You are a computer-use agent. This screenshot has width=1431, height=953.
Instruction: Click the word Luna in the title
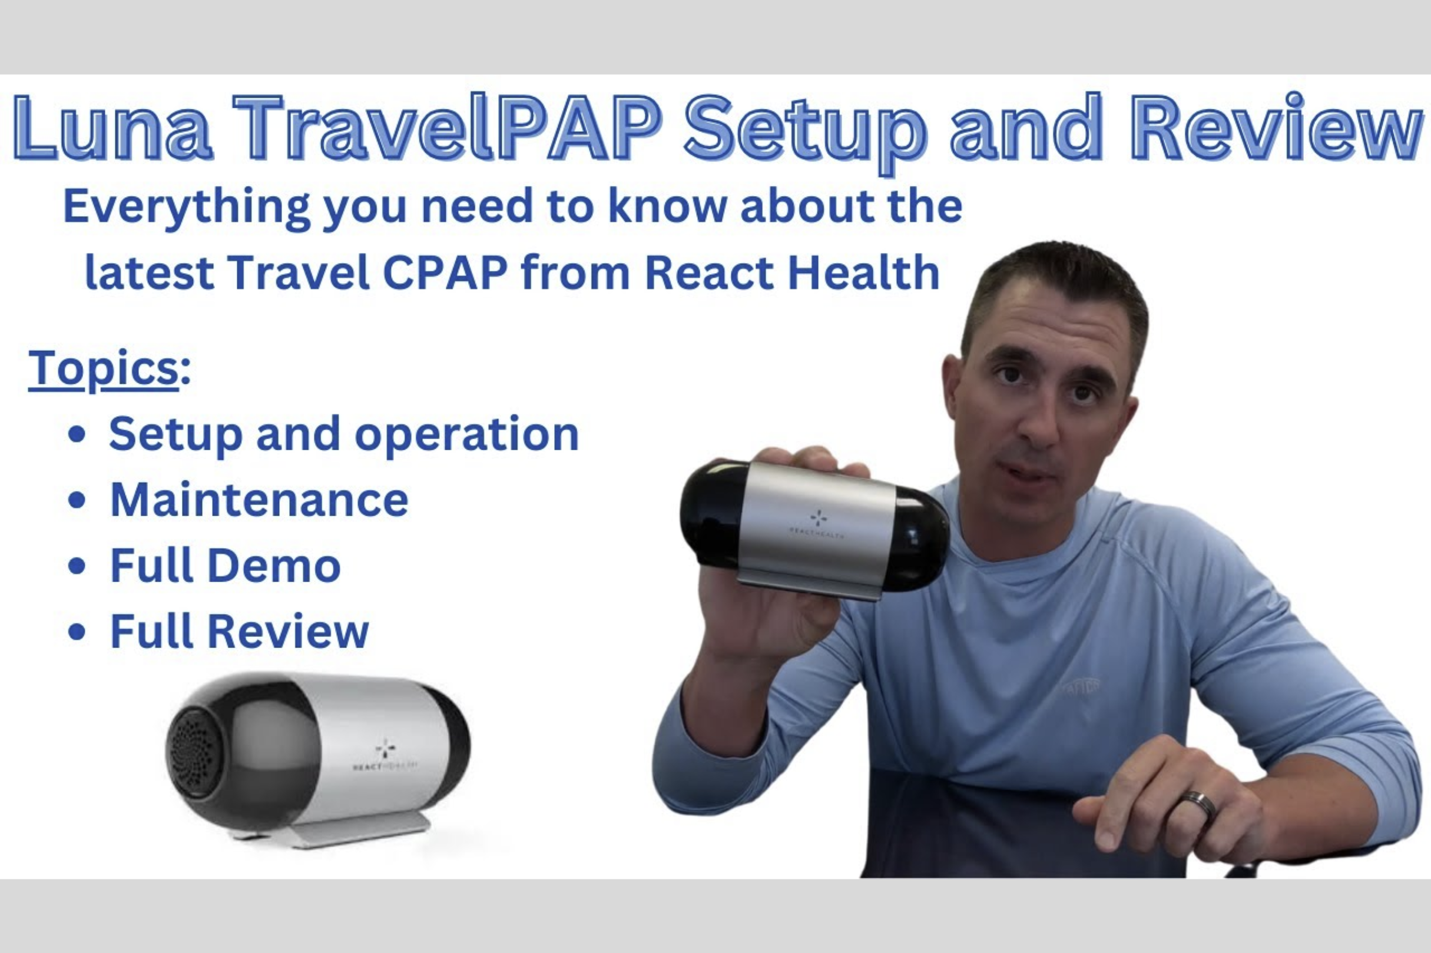113,129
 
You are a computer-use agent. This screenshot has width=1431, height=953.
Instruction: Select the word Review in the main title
1277,129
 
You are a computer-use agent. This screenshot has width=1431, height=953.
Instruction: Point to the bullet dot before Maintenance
77,500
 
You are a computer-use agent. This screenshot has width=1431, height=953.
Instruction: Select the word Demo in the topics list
274,566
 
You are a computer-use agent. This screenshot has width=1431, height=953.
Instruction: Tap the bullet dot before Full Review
77,632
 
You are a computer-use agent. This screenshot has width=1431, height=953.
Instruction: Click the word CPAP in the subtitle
446,273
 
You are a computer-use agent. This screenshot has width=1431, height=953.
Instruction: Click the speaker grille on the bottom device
196,752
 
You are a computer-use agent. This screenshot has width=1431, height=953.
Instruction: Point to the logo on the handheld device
818,518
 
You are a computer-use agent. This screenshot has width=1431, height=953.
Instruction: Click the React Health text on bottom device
385,766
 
